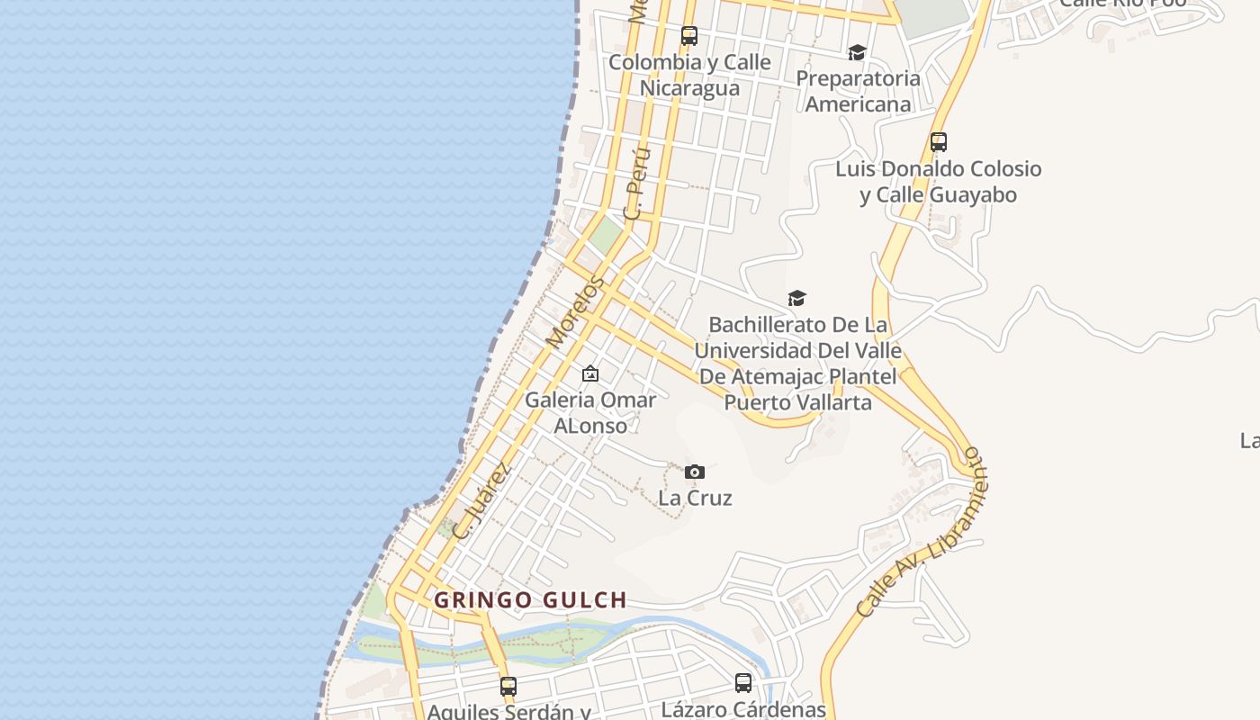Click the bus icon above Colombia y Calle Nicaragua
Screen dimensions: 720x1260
[x=689, y=36]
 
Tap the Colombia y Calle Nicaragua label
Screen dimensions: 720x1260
[x=689, y=75]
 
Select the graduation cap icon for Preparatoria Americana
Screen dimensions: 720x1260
[x=857, y=53]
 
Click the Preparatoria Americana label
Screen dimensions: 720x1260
[x=858, y=91]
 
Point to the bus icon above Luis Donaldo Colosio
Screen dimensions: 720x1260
[x=939, y=142]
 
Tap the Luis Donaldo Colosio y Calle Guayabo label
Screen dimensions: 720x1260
[x=939, y=182]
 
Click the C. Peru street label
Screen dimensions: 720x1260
[x=636, y=184]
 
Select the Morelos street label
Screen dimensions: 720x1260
[x=576, y=312]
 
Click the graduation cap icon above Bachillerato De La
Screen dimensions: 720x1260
[x=796, y=298]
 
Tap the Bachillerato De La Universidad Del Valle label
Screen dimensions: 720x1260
[x=798, y=363]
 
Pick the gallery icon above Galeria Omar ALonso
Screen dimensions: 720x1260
[x=590, y=373]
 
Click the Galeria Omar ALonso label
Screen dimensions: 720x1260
[x=590, y=412]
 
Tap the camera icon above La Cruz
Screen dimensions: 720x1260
[x=694, y=472]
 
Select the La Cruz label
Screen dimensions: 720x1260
[x=695, y=498]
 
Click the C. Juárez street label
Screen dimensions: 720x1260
[x=482, y=500]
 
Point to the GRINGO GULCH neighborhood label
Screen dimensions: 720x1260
[x=530, y=600]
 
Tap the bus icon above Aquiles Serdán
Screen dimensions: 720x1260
[x=508, y=687]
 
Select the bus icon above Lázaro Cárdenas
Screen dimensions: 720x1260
[x=743, y=683]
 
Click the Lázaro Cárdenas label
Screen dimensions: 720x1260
[x=743, y=709]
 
